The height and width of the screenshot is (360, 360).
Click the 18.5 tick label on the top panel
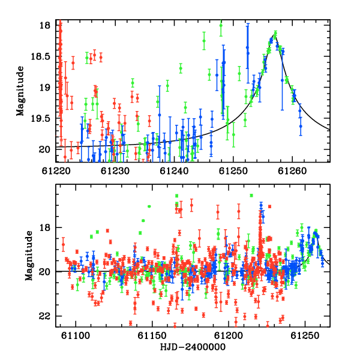tap(40, 56)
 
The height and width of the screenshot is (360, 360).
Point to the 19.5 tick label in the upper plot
tap(40, 118)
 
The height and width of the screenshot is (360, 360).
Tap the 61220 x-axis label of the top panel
tap(56, 171)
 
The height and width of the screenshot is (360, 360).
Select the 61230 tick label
tap(115, 171)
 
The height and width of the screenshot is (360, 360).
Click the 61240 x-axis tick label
tap(174, 171)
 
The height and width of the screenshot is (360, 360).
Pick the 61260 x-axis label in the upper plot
tap(292, 171)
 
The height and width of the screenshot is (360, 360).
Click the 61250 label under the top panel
tap(233, 171)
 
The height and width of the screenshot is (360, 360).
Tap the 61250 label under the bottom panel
tap(305, 335)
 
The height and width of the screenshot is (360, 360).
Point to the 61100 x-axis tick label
tap(76, 335)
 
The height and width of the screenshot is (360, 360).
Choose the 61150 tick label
tap(152, 335)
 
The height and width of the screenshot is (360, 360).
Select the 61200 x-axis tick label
tap(229, 335)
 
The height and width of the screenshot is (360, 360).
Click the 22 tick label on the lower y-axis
tap(44, 316)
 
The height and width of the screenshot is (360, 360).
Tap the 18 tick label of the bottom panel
tap(44, 227)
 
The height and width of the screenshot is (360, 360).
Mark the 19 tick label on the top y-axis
tap(44, 88)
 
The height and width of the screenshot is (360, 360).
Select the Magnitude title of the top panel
tap(20, 91)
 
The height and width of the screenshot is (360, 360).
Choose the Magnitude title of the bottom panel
tap(29, 256)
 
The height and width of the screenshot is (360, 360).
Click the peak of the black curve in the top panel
tap(274, 35)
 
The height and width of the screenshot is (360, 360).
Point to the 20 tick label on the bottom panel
tap(44, 272)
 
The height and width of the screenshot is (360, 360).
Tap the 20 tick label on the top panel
tap(44, 149)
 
